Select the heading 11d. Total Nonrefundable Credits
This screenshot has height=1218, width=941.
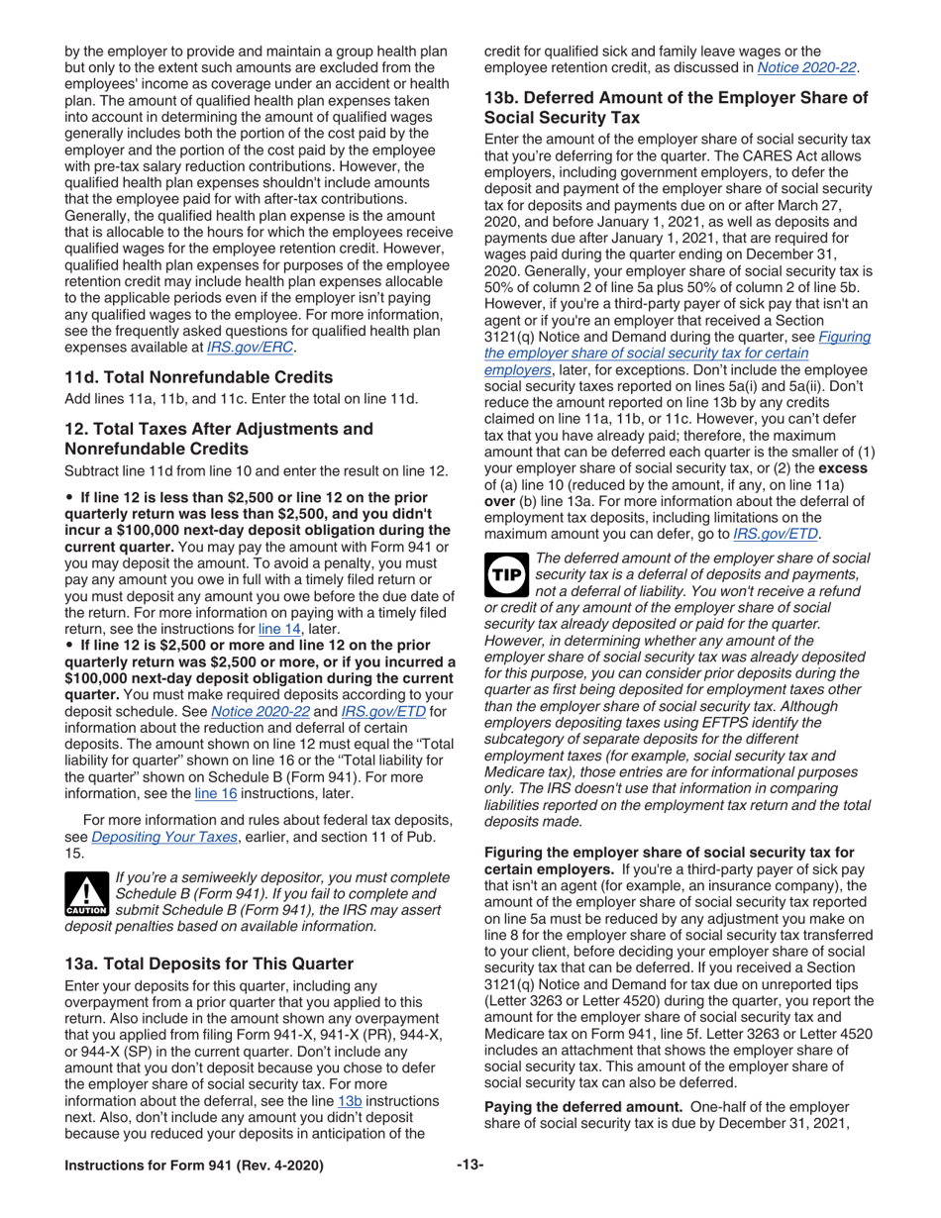(198, 376)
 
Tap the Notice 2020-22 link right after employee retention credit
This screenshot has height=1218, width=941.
(806, 67)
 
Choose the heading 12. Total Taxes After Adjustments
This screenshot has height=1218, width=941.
(218, 437)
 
